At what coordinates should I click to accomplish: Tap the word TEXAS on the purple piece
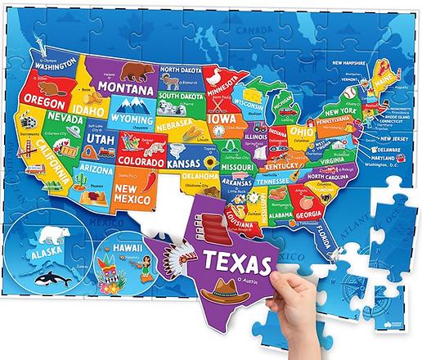238,263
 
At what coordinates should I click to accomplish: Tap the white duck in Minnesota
215,75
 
